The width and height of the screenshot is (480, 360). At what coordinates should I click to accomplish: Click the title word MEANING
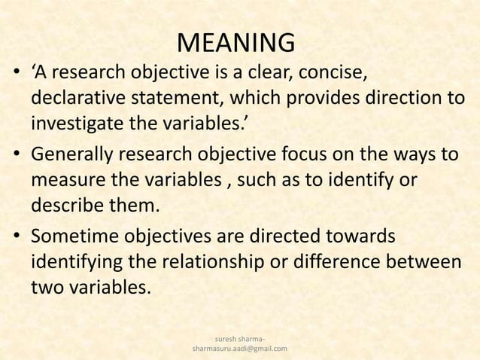coord(235,43)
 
